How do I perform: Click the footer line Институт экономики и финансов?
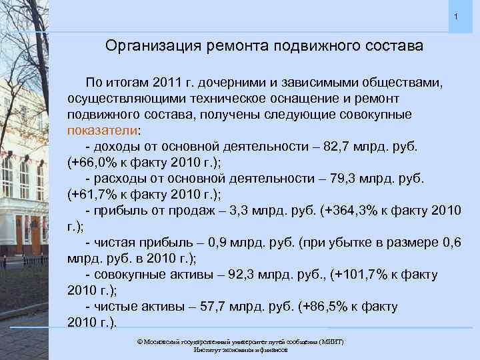click(240, 349)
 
